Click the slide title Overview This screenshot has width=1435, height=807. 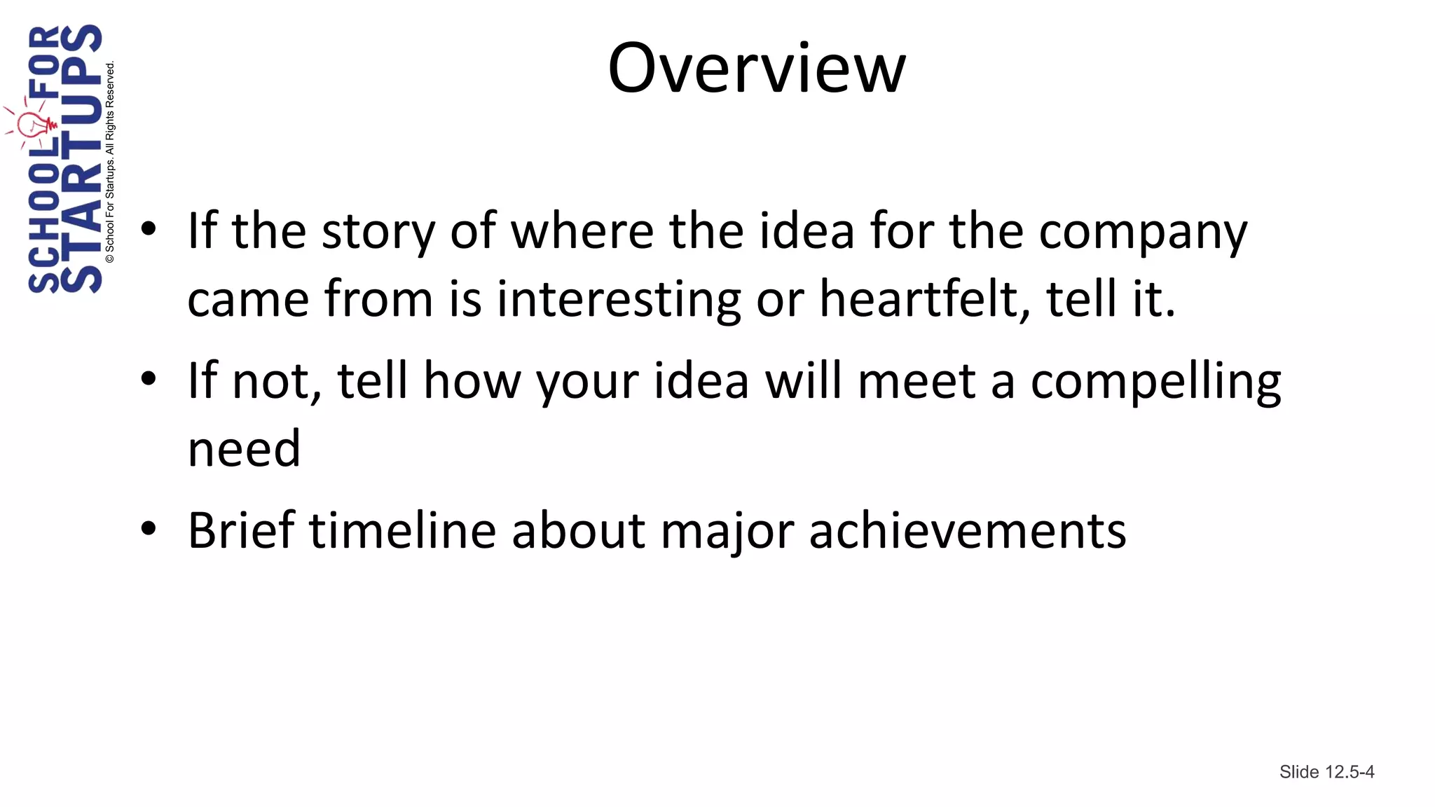[x=757, y=68]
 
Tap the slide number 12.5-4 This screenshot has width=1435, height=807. [x=1326, y=772]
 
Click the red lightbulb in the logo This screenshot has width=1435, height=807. [x=31, y=125]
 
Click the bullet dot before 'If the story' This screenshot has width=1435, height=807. [x=149, y=229]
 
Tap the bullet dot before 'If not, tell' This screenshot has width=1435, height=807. [x=149, y=379]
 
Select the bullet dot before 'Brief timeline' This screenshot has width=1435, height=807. [x=149, y=529]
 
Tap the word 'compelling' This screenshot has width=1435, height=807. [x=1155, y=382]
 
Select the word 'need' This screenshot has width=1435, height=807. [x=244, y=448]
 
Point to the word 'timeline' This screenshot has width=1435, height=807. [x=403, y=530]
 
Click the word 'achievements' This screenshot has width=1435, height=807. [x=968, y=530]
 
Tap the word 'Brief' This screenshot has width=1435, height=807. [x=241, y=530]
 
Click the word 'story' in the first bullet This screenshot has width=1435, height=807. [x=378, y=233]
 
